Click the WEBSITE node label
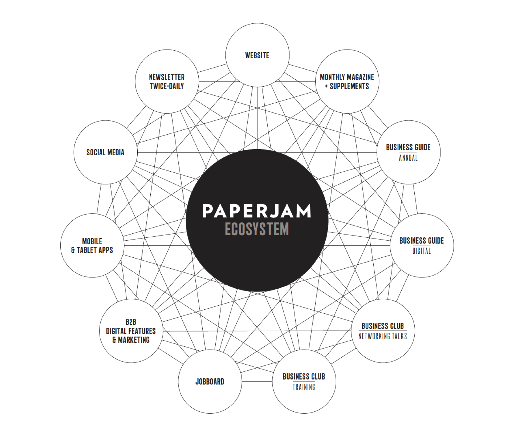pyautogui.click(x=257, y=56)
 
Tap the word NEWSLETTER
pyautogui.click(x=167, y=77)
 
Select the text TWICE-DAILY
pyautogui.click(x=167, y=86)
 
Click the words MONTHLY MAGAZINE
pyautogui.click(x=347, y=77)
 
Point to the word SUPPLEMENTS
pyautogui.click(x=349, y=86)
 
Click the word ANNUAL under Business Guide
pyautogui.click(x=408, y=158)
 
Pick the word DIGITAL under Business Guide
pyautogui.click(x=422, y=251)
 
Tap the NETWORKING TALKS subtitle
pyautogui.click(x=383, y=336)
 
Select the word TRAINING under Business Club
pyautogui.click(x=304, y=387)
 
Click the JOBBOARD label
pyautogui.click(x=210, y=382)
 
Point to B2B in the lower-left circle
pyautogui.click(x=131, y=322)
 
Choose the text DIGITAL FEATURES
pyautogui.click(x=131, y=331)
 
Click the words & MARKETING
pyautogui.click(x=131, y=340)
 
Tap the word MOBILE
pyautogui.click(x=92, y=241)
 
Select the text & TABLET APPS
pyautogui.click(x=92, y=250)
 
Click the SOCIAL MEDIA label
pyautogui.click(x=105, y=153)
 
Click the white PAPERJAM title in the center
pyautogui.click(x=257, y=211)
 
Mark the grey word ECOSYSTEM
pyautogui.click(x=257, y=229)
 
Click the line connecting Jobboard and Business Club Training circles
pyautogui.click(x=257, y=381)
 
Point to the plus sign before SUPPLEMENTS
pyautogui.click(x=326, y=87)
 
